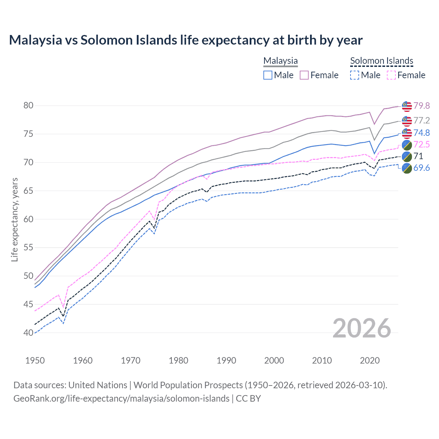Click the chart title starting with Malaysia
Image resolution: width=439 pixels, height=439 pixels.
[186, 40]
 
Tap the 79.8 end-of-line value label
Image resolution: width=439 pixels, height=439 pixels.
[422, 106]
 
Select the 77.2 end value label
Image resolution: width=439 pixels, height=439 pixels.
[422, 120]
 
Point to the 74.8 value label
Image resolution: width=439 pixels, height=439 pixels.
[422, 133]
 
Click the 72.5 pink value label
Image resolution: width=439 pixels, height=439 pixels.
[422, 144]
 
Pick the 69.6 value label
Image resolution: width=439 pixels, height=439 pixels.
[422, 168]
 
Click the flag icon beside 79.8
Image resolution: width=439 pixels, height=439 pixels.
[407, 106]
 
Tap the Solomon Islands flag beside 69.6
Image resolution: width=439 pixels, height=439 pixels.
[407, 168]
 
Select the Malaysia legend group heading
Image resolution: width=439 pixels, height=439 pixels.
[281, 61]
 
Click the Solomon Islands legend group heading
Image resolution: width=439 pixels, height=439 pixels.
[381, 61]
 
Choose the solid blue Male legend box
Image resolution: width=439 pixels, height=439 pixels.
[268, 75]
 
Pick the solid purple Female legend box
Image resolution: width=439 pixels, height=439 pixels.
[304, 75]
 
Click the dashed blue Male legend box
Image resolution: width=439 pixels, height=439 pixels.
[355, 75]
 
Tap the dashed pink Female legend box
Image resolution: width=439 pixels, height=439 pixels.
[391, 75]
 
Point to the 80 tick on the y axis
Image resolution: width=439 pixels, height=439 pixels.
[28, 105]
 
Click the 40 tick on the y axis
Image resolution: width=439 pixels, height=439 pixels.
[28, 333]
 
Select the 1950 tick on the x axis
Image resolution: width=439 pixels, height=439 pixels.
[35, 360]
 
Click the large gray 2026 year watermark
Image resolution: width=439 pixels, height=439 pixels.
[362, 328]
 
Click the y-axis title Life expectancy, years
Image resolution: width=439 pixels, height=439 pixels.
[15, 219]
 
